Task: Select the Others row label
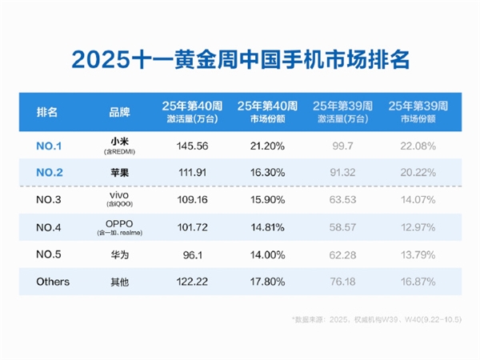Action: point(53,282)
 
